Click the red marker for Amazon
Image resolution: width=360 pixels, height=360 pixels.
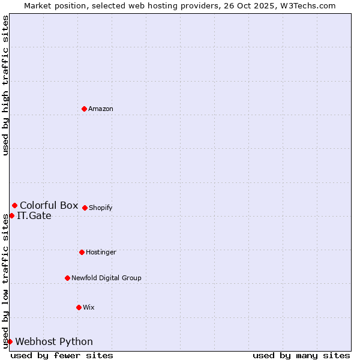(x=84, y=109)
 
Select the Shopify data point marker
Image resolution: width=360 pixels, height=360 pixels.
(x=85, y=208)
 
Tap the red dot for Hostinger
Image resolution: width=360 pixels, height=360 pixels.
(x=82, y=252)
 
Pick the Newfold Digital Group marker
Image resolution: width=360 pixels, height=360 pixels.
(x=67, y=278)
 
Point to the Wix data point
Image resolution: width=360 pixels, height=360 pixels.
(x=79, y=307)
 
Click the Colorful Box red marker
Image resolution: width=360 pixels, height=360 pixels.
(x=14, y=206)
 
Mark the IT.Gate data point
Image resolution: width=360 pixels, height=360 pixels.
(x=11, y=215)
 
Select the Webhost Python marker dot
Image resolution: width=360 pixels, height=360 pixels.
(x=10, y=341)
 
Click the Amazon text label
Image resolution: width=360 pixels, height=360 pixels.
(x=101, y=109)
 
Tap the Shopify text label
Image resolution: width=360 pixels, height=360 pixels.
(x=101, y=208)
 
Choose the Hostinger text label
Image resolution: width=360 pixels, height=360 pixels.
(x=101, y=252)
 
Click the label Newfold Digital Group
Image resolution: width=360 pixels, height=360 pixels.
(x=106, y=278)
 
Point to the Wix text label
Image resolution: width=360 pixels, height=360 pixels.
(x=89, y=307)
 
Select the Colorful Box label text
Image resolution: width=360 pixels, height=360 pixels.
(x=49, y=206)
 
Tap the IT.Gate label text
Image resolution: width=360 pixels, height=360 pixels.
(x=34, y=216)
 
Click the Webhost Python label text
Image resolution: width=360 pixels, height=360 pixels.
(x=54, y=342)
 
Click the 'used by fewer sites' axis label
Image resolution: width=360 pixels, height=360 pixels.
(x=62, y=355)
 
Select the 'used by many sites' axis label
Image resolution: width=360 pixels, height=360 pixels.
(x=301, y=355)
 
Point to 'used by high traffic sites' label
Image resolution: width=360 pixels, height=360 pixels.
(x=5, y=85)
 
